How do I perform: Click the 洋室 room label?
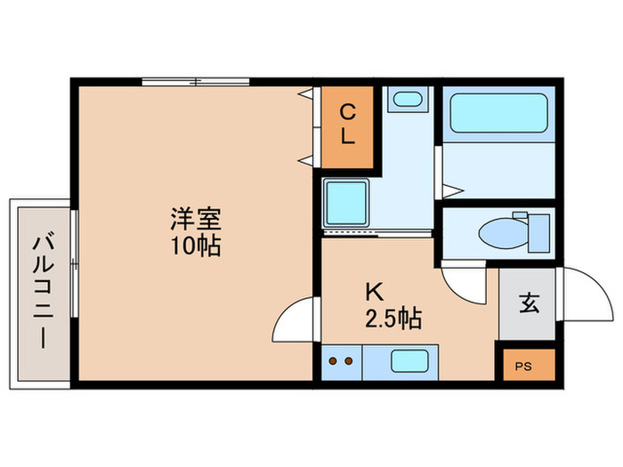[196, 217]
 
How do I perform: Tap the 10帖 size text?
[196, 245]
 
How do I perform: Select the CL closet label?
[348, 125]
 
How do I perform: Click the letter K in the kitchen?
[372, 291]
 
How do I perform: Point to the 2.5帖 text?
[392, 317]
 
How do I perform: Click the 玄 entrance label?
[528, 303]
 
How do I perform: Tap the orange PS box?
[527, 365]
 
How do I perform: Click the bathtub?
[498, 114]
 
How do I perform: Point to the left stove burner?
[335, 360]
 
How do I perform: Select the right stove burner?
[349, 360]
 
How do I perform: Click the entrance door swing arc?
[583, 294]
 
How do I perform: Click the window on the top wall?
[197, 83]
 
